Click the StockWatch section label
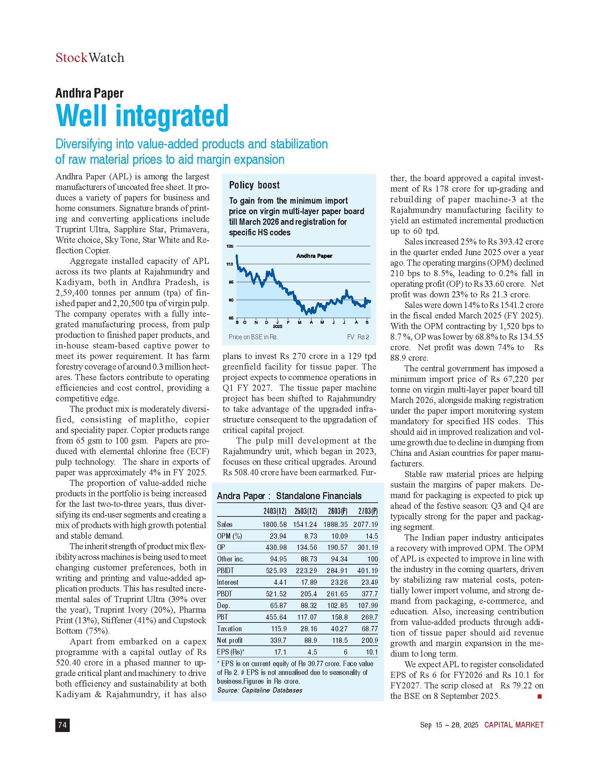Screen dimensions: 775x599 tap(90, 57)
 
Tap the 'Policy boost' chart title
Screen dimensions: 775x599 tap(254, 185)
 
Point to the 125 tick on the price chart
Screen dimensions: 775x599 tap(230, 246)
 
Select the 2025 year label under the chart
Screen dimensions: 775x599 tap(278, 326)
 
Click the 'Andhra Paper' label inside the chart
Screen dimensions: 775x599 tap(314, 256)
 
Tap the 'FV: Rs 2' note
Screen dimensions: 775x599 tap(358, 337)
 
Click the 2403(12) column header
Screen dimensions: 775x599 tap(275, 511)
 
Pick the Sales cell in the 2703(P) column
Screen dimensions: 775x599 tap(365, 525)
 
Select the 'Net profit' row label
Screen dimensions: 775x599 tap(230, 640)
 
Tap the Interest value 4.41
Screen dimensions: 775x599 tap(280, 582)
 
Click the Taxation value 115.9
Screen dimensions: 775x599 tap(279, 629)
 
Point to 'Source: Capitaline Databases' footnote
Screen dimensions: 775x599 tap(260, 690)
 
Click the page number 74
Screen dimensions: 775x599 tap(62, 725)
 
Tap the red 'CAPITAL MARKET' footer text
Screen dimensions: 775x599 tap(514, 725)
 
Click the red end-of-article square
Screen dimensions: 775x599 tap(539, 696)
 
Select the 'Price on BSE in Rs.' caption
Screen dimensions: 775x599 tap(253, 337)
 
